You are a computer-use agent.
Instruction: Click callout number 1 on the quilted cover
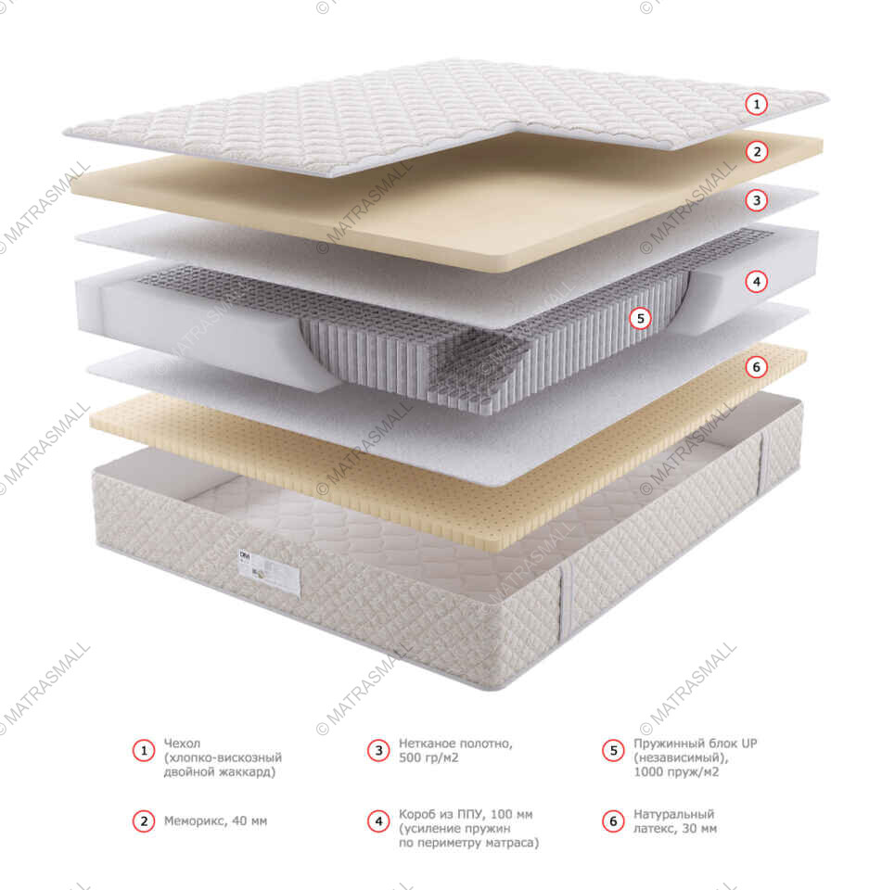coord(756,105)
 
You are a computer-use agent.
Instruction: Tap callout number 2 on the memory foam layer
coord(757,151)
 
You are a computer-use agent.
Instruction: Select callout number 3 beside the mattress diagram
coord(757,200)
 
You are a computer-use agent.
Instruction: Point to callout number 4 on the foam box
coord(757,282)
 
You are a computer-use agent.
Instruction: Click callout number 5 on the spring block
coord(641,318)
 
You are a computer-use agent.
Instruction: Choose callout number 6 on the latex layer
coord(756,367)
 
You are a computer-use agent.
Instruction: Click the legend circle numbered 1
coord(144,750)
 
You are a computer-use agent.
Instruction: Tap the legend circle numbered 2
coord(144,820)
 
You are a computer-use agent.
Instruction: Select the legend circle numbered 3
coord(378,750)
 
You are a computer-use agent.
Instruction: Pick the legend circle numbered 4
coord(378,820)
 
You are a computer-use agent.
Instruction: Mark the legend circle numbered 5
coord(613,750)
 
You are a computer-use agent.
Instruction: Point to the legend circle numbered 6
coord(613,820)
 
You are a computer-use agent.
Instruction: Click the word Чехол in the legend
coord(182,743)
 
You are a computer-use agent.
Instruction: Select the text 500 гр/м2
coord(428,757)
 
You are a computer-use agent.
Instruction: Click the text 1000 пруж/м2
coord(676,772)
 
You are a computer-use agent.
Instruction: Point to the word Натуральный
coord(673,814)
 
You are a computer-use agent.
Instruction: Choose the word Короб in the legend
coord(417,815)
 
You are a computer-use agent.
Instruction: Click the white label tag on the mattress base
coord(269,572)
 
